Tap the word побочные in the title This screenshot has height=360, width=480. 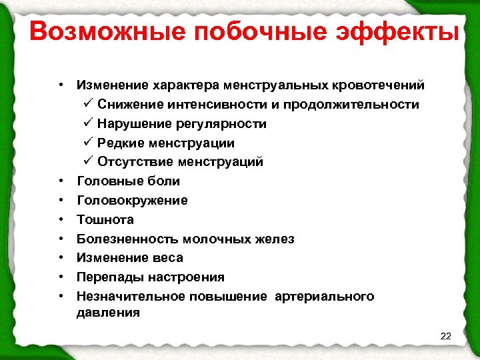point(239,31)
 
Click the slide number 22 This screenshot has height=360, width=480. point(446,336)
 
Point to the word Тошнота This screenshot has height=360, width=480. point(105,219)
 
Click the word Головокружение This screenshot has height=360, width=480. point(133,200)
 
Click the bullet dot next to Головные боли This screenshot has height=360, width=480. point(61,181)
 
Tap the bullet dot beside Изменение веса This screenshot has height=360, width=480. point(61,257)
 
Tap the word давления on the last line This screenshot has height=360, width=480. point(108,311)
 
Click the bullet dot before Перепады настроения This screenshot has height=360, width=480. point(61,277)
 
